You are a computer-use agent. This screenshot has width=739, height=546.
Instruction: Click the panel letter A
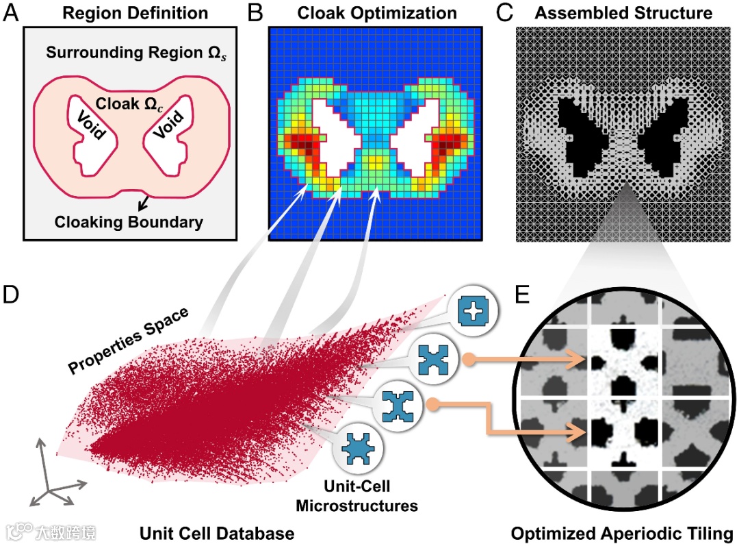[x=12, y=13]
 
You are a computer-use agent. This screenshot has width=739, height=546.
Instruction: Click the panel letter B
[x=254, y=13]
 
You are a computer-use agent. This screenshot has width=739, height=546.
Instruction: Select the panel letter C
[x=504, y=13]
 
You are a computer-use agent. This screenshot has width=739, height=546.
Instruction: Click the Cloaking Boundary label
[x=129, y=221]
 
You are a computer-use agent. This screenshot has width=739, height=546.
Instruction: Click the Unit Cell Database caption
[x=218, y=532]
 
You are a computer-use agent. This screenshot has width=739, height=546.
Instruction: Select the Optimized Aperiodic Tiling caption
[x=622, y=532]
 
